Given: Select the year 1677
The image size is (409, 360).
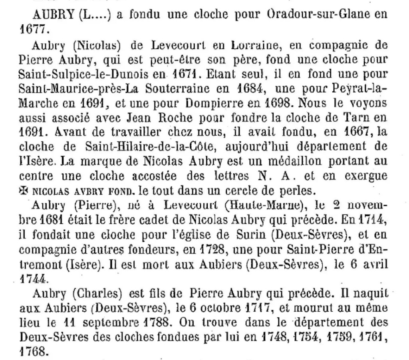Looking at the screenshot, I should pos(30,29).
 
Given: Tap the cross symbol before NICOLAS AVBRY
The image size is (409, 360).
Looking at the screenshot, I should pos(23,190).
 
